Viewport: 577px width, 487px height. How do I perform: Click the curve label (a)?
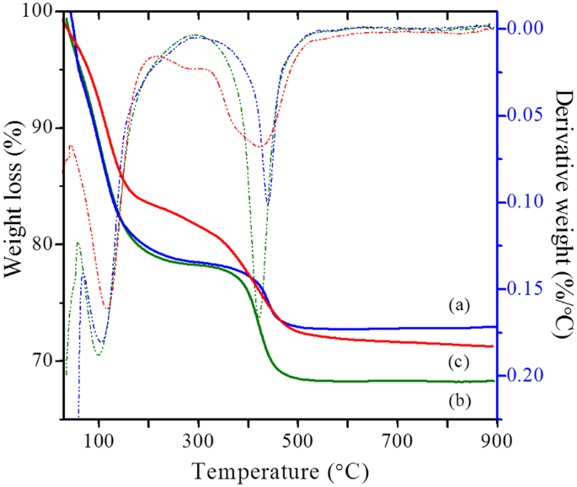pos(457,303)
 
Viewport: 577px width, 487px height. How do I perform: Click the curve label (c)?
pos(457,361)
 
